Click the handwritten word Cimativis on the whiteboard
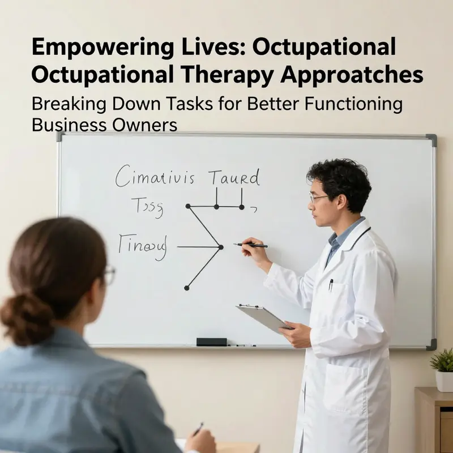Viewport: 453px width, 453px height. (155, 177)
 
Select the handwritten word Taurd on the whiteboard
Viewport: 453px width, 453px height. (234, 178)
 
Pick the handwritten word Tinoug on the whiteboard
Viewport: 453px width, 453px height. (143, 247)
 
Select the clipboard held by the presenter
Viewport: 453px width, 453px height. (264, 317)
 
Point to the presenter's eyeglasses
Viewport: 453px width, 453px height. (319, 198)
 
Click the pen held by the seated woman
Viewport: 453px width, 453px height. (198, 429)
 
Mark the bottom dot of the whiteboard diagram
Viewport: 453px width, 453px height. (186, 288)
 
